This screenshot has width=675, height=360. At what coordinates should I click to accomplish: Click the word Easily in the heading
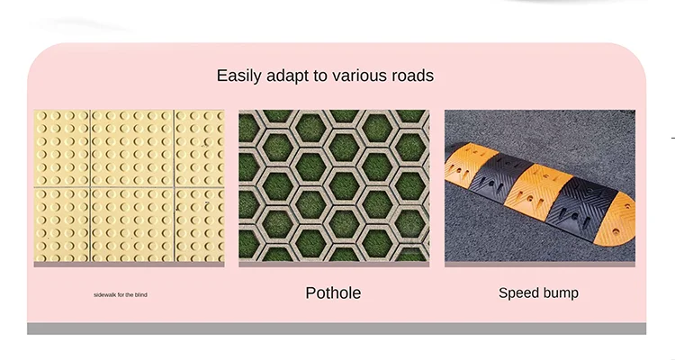[238, 76]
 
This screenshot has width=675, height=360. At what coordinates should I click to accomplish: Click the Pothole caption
[333, 293]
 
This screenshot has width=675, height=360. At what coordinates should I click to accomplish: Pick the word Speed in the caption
[519, 293]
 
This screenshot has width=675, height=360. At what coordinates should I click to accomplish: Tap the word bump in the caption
[561, 293]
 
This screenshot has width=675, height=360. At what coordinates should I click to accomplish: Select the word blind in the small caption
[140, 295]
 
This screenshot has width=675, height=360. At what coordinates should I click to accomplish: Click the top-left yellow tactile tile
[61, 147]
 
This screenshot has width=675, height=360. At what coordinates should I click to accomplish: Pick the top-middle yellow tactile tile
[130, 147]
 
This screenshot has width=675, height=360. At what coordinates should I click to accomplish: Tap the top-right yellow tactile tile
[198, 147]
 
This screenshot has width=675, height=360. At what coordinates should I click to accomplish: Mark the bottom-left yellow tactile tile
[61, 225]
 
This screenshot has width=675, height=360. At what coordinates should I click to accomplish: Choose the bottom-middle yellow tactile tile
[130, 225]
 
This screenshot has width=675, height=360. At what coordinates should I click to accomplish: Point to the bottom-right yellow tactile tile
[198, 225]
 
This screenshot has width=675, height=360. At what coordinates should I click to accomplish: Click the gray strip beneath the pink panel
[337, 328]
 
